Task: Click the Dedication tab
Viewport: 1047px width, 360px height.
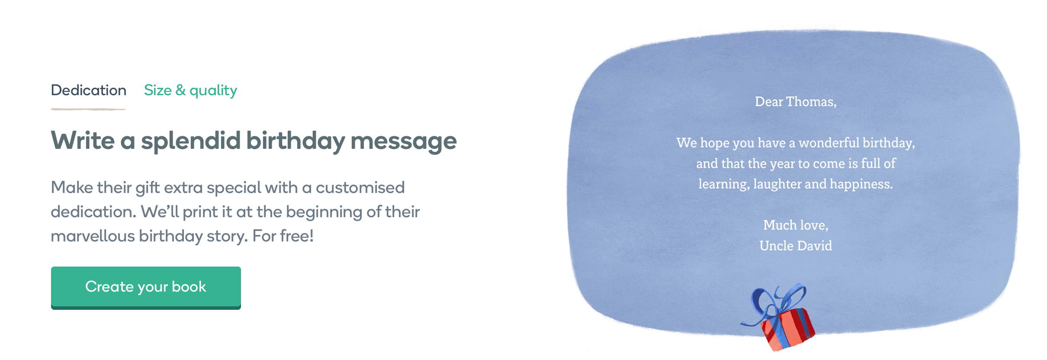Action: pos(89,90)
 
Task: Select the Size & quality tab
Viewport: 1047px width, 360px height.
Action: pos(190,90)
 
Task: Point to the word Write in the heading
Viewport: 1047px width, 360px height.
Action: pos(83,141)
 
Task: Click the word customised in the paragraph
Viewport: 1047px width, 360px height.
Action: pos(360,187)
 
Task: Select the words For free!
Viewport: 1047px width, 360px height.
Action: pos(283,236)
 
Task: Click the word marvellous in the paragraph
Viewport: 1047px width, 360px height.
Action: pos(93,236)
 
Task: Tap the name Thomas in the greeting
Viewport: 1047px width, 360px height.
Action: pos(811,102)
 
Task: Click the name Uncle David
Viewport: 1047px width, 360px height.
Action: pos(796,246)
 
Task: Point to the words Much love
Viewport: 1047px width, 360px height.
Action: pos(796,225)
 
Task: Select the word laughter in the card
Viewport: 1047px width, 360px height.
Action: pos(777,184)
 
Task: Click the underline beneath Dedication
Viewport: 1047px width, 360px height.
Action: pos(89,109)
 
